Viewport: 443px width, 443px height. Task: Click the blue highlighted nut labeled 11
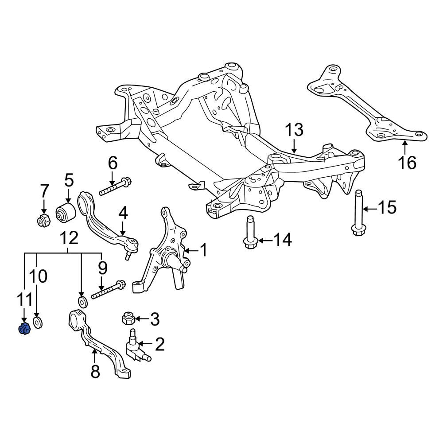[24, 329]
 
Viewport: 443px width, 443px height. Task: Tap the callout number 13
[294, 130]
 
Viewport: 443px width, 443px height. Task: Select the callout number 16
[408, 163]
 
